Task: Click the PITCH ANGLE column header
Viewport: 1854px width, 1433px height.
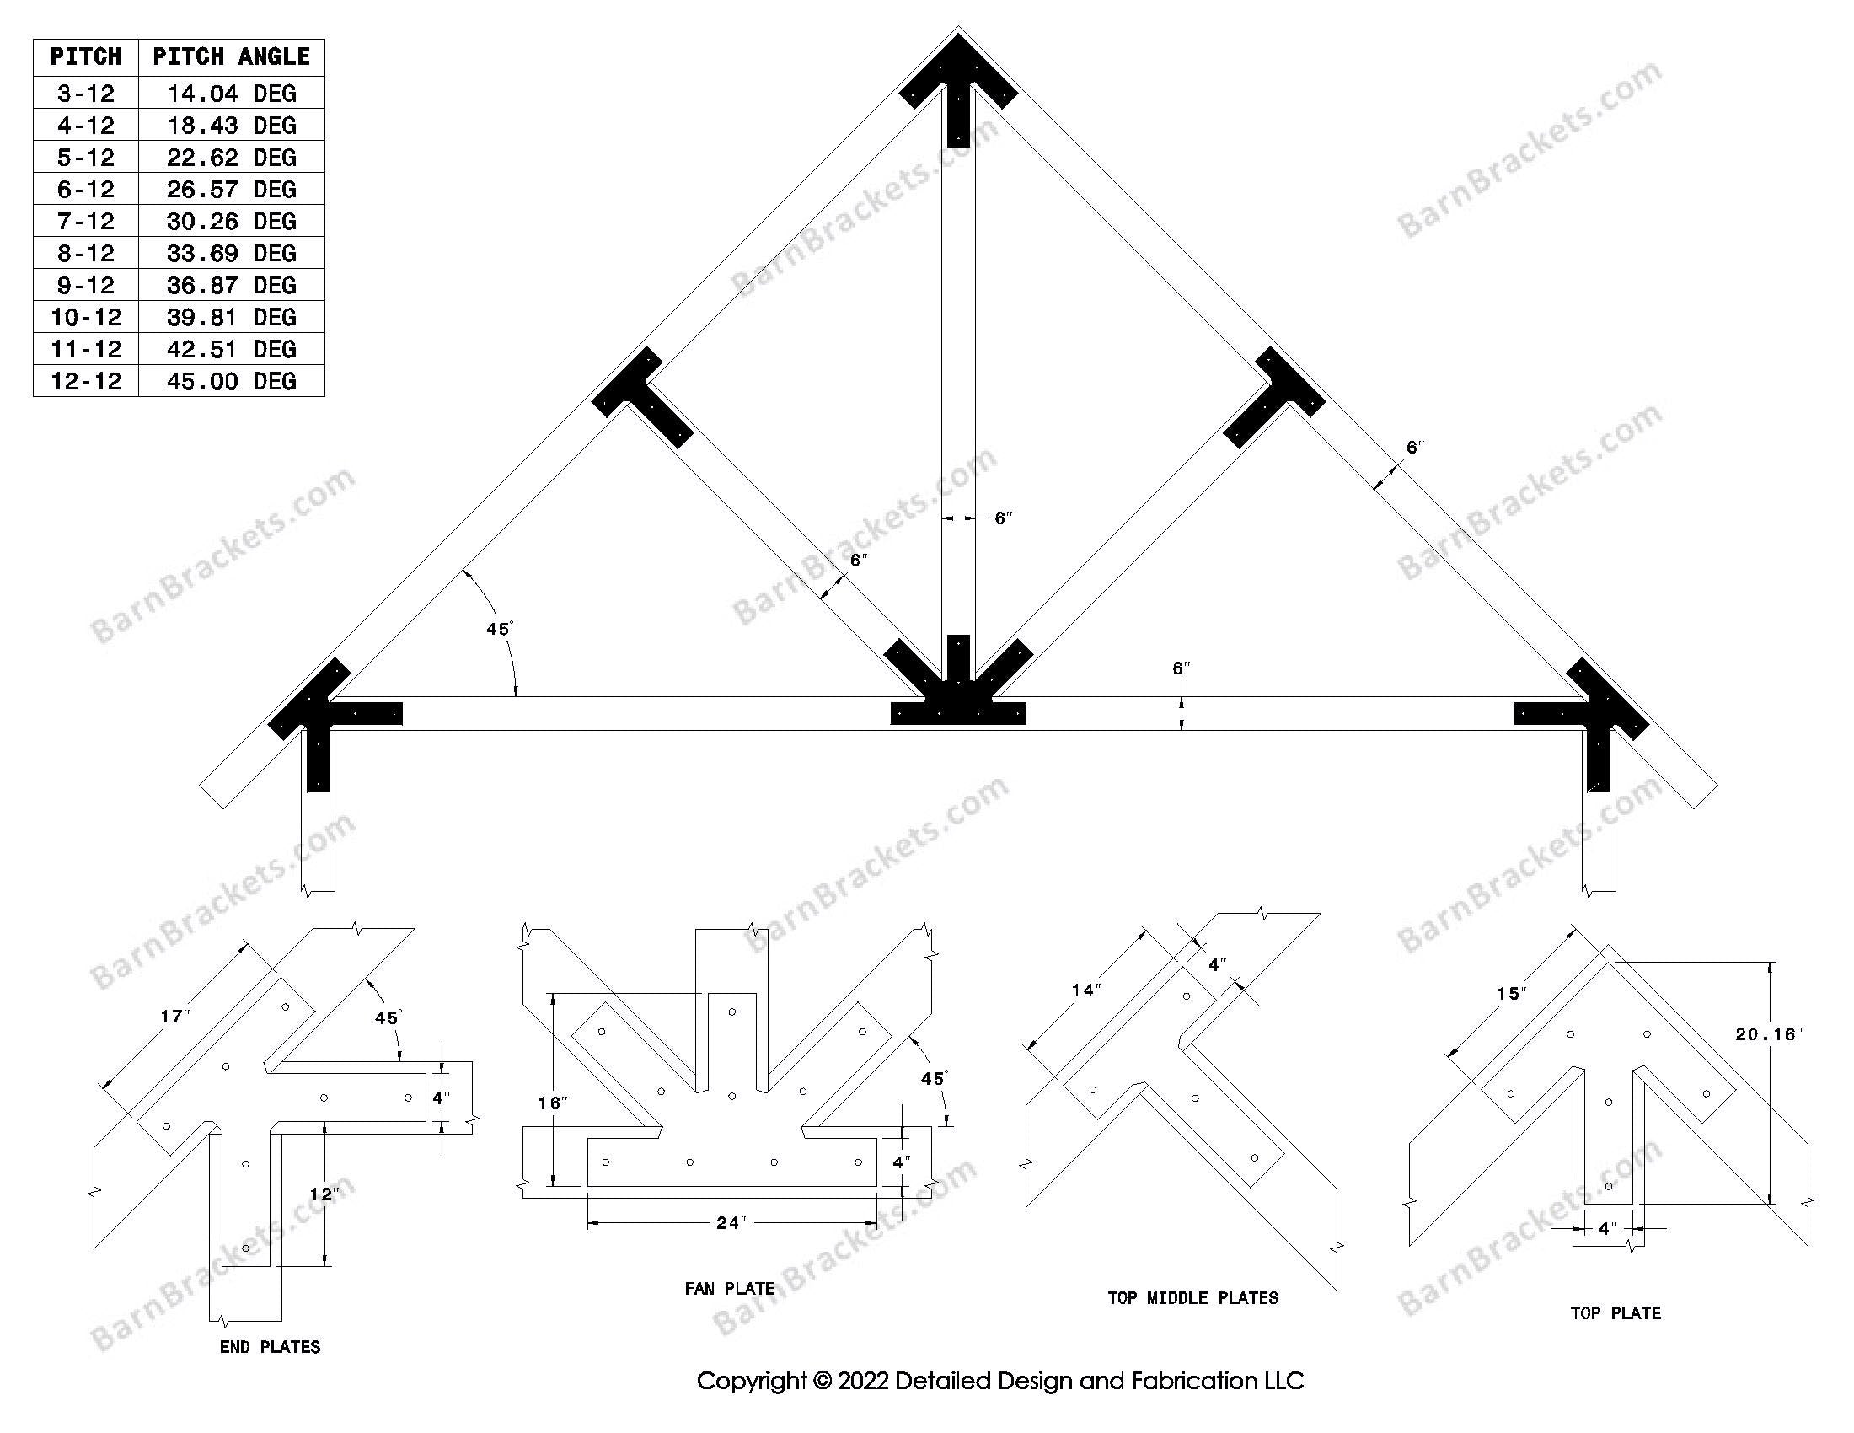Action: tap(231, 56)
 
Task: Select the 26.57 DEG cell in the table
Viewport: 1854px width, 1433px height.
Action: tap(231, 190)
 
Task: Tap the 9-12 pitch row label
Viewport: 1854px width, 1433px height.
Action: tap(86, 285)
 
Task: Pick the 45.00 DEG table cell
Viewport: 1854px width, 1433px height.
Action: tap(231, 381)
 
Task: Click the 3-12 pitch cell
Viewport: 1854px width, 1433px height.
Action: tap(86, 94)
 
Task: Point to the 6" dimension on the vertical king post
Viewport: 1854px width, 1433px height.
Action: tap(1004, 518)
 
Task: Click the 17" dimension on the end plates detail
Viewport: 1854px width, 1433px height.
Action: tap(175, 1017)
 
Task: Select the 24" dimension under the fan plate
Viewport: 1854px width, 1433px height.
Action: tap(731, 1223)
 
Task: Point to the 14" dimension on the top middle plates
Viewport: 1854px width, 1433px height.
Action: tap(1085, 990)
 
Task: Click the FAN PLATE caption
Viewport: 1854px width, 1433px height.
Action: tap(729, 1289)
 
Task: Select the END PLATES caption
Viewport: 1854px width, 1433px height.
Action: tap(270, 1346)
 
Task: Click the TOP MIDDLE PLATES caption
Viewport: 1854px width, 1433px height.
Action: tap(1192, 1298)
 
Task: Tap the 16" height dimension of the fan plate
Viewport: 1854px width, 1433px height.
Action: tap(552, 1103)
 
